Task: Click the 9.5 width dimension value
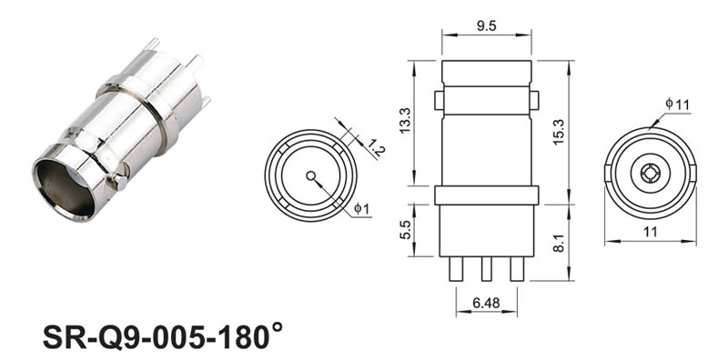pos(486,26)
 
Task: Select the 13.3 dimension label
pos(405,121)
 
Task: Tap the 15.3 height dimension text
pos(559,132)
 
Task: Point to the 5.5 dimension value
pos(405,229)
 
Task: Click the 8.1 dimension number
pos(559,243)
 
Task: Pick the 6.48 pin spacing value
pos(486,303)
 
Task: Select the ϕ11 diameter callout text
pos(677,104)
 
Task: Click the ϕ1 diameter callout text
pos(361,209)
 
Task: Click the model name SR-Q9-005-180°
pos(163,335)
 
